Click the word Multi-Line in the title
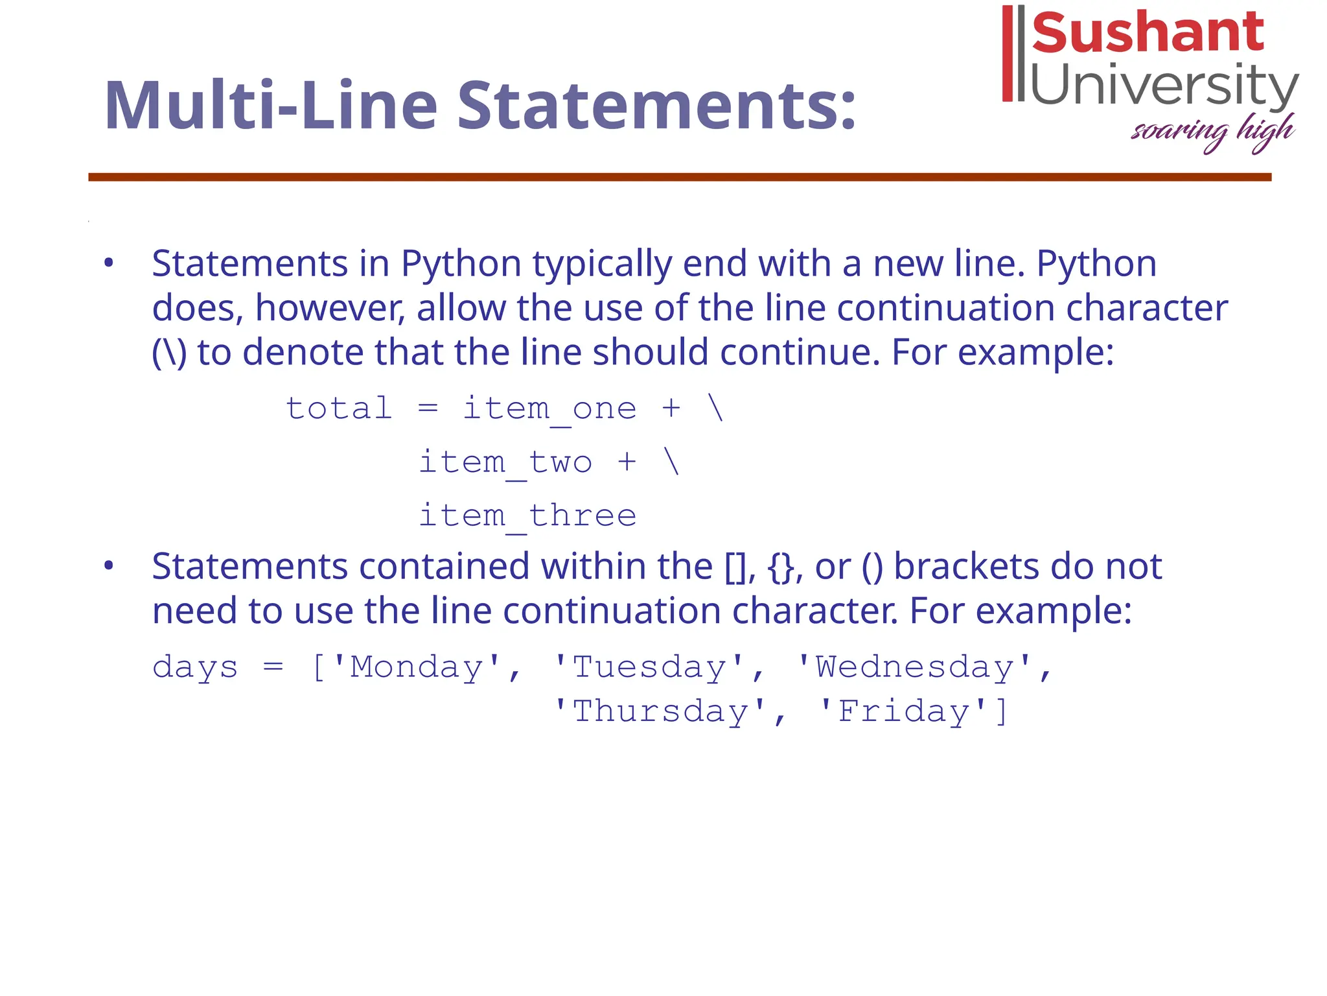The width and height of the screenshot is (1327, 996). pos(271,105)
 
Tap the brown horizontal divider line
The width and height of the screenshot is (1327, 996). pos(680,177)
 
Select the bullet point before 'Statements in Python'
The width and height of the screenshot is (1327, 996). pos(109,263)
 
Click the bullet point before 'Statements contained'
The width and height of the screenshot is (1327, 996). pos(109,565)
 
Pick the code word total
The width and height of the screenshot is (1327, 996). pos(339,409)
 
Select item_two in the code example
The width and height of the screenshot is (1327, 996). pos(505,463)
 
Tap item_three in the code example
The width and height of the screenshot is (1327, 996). pos(527,516)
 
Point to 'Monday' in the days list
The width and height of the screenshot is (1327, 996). pos(416,667)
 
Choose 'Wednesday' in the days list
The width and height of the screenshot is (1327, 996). pos(914,667)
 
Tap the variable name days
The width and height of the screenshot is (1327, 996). pos(195,668)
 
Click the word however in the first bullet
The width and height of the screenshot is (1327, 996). pos(329,307)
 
